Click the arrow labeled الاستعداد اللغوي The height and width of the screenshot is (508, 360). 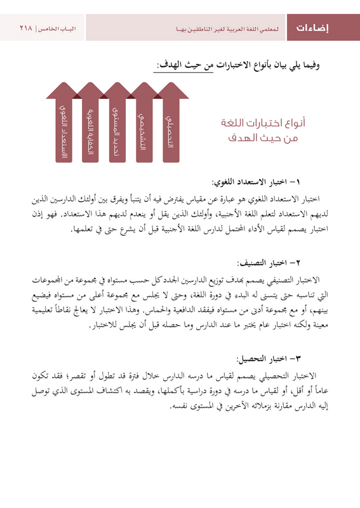coord(63,127)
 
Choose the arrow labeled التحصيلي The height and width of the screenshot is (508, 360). coord(170,127)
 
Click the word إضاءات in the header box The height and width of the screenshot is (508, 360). coord(322,28)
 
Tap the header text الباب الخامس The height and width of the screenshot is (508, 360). coord(58,29)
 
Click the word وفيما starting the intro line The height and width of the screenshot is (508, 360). coord(330,65)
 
